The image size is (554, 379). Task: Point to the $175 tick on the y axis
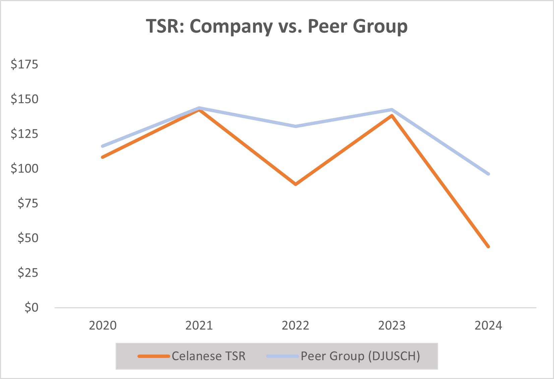(x=24, y=64)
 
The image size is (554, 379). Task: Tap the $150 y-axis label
(x=24, y=99)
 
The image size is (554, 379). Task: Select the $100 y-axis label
(x=24, y=168)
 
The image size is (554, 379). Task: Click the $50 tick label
(x=28, y=238)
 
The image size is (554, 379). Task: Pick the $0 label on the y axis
(x=31, y=307)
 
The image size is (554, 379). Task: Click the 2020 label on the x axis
(x=103, y=325)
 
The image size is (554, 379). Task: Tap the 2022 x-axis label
(x=295, y=325)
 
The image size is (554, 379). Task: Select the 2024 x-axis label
(x=488, y=325)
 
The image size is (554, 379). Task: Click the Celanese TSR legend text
(x=208, y=356)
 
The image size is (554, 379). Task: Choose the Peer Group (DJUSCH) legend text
(x=360, y=356)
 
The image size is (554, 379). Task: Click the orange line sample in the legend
(x=154, y=356)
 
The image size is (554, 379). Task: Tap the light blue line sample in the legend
(x=283, y=356)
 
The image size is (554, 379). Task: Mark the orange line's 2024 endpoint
(x=488, y=246)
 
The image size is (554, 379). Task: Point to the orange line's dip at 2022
(x=296, y=184)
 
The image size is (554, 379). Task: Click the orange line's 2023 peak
(x=392, y=116)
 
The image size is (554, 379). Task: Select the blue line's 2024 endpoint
(x=488, y=174)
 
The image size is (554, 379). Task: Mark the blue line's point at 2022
(x=296, y=126)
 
